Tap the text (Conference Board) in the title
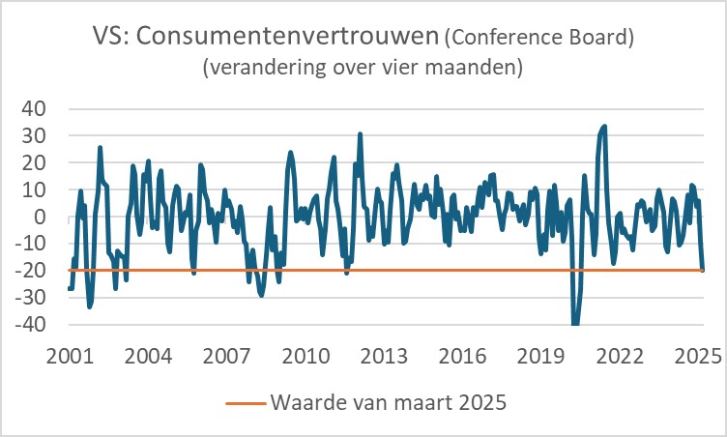[538, 40]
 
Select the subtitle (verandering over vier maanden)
[363, 70]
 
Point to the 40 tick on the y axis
[36, 108]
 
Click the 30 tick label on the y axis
[36, 135]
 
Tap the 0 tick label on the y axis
[42, 217]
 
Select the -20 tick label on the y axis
[32, 271]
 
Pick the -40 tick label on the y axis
[32, 325]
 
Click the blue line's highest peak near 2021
[604, 126]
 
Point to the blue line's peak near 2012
[360, 134]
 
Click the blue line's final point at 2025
[702, 270]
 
